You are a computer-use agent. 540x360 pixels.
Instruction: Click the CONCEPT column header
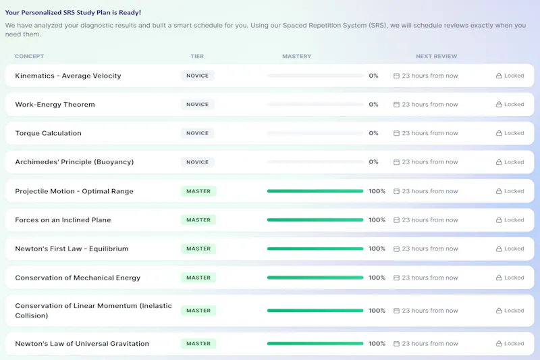[29, 56]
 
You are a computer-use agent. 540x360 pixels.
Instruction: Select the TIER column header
[197, 56]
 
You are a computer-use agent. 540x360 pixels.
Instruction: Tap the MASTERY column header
[296, 56]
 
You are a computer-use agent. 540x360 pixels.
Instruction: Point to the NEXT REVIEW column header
[436, 56]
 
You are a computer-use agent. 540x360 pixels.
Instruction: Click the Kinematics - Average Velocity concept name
[68, 76]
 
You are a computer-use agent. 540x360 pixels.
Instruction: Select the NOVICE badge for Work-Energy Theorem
[197, 105]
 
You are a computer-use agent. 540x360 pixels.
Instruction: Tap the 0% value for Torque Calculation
[373, 133]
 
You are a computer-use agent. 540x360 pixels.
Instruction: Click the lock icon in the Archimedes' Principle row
[499, 162]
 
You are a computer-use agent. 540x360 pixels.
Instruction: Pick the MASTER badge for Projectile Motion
[198, 191]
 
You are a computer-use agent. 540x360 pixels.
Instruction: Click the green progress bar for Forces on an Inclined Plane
[315, 220]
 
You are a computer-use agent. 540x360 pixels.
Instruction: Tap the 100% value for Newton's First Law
[377, 249]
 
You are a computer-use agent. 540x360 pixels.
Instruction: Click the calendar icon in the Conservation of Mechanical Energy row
[396, 278]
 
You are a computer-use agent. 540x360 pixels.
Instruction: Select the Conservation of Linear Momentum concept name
[93, 311]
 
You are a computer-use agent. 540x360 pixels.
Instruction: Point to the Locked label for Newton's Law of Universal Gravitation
[514, 344]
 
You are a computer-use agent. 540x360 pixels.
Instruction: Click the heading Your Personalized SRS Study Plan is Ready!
[73, 12]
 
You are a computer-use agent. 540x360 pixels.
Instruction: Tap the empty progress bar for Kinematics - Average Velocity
[315, 76]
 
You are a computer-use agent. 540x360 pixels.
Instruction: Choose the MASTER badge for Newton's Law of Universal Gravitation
[198, 344]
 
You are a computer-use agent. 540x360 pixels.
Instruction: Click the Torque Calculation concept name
[48, 133]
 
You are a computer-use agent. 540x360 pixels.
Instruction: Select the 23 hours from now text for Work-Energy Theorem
[430, 105]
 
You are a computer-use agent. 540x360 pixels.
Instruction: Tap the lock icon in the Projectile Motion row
[499, 191]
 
